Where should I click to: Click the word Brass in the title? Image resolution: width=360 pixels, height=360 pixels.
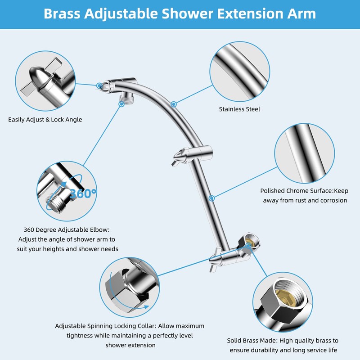point(63,13)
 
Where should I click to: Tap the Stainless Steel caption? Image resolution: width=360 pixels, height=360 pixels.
point(239,109)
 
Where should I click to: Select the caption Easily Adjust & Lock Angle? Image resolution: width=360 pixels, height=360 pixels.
point(45,120)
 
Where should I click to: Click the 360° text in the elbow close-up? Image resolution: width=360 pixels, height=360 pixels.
point(83,193)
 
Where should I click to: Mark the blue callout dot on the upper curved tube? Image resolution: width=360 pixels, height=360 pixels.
point(173,104)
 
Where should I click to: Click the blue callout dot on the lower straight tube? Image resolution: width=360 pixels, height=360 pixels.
point(211,198)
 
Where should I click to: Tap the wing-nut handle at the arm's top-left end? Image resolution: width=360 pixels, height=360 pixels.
point(103,85)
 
